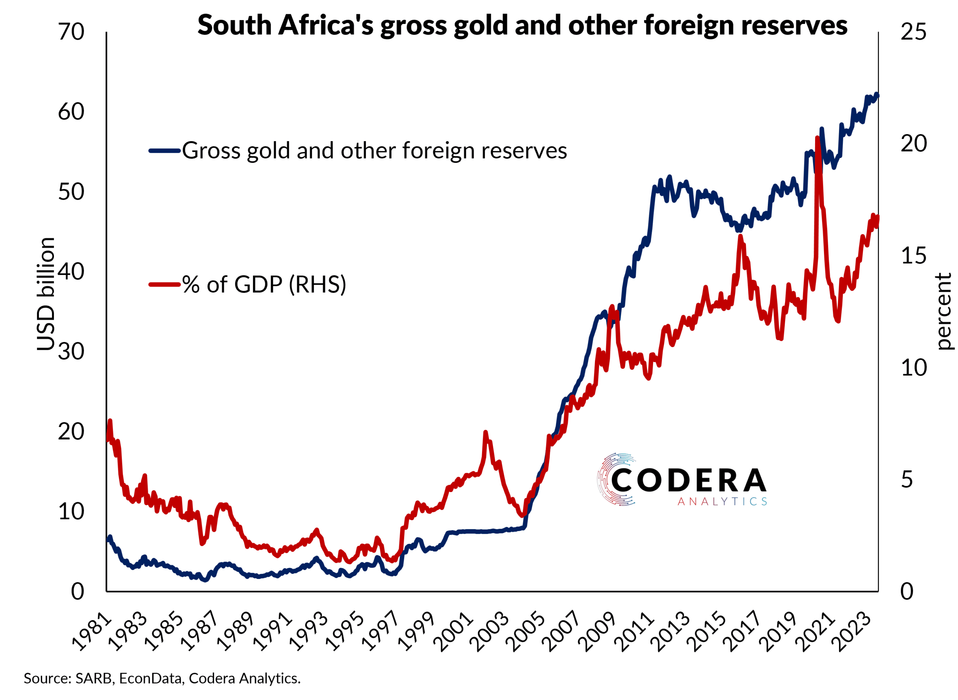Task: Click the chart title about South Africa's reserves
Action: pyautogui.click(x=522, y=25)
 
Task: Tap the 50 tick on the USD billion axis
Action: pyautogui.click(x=71, y=192)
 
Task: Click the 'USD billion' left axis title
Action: pyautogui.click(x=46, y=294)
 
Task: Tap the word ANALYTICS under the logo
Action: pyautogui.click(x=722, y=502)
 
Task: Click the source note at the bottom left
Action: pyautogui.click(x=162, y=678)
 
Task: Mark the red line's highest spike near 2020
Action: pyautogui.click(x=817, y=138)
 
